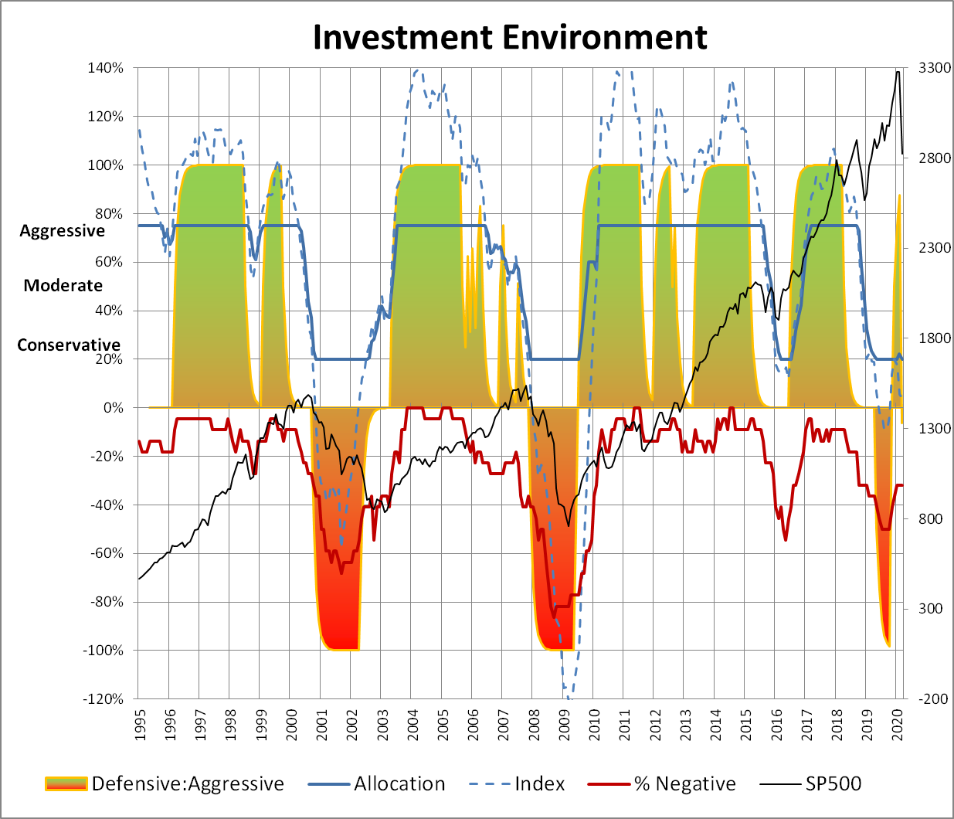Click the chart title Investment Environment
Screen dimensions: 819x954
(510, 37)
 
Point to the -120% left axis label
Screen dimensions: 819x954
(104, 699)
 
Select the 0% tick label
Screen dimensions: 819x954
(113, 408)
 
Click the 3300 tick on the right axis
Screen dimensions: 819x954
(934, 68)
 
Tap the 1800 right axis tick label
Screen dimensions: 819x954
(934, 338)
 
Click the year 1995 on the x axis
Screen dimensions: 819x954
(140, 725)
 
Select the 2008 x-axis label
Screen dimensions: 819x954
(534, 725)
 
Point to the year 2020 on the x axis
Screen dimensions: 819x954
(898, 725)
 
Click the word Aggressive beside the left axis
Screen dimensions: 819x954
(62, 231)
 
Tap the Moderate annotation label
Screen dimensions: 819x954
(63, 286)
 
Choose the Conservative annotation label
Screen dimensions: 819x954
(69, 345)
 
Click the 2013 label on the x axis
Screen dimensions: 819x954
(685, 725)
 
